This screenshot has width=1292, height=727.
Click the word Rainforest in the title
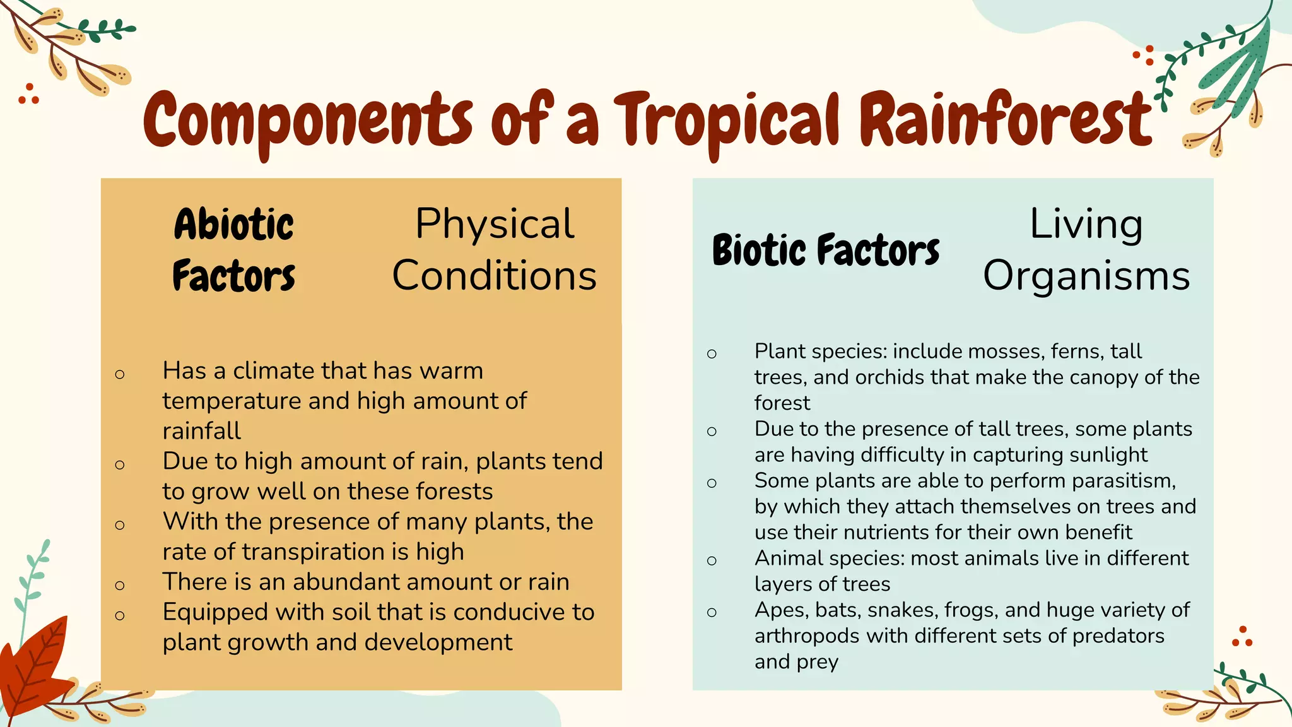point(1006,120)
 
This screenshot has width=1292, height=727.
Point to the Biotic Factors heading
point(826,250)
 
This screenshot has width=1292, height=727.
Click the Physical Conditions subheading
point(495,250)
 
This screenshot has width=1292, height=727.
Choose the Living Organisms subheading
point(1086,250)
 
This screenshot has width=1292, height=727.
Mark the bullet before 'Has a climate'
point(120,374)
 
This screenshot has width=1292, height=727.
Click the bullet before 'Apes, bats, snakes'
point(712,612)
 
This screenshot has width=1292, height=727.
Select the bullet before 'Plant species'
point(712,353)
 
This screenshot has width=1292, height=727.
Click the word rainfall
point(201,431)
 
